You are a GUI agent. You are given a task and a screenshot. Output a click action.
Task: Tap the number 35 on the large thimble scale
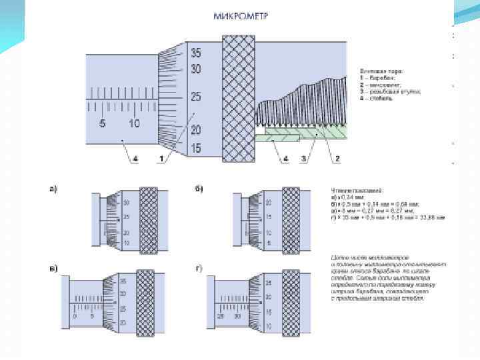tap(196, 52)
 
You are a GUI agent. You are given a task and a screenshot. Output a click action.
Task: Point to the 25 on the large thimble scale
tap(196, 97)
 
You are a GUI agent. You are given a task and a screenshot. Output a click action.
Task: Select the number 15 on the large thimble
tap(196, 147)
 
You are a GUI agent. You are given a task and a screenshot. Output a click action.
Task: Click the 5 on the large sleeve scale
tap(103, 123)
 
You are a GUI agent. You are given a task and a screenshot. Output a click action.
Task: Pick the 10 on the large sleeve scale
tap(134, 123)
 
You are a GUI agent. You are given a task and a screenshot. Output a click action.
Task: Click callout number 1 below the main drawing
tap(161, 159)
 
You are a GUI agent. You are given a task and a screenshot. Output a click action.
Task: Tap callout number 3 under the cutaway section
tap(303, 159)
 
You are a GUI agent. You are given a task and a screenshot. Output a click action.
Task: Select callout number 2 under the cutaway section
tap(337, 159)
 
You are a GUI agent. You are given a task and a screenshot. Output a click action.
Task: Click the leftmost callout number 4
tap(135, 159)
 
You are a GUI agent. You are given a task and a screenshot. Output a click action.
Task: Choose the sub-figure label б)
tap(199, 189)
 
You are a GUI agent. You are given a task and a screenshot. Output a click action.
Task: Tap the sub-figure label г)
tap(199, 269)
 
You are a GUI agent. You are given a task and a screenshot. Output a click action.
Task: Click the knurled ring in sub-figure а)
tap(149, 221)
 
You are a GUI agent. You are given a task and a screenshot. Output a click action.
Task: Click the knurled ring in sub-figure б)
tap(291, 221)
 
